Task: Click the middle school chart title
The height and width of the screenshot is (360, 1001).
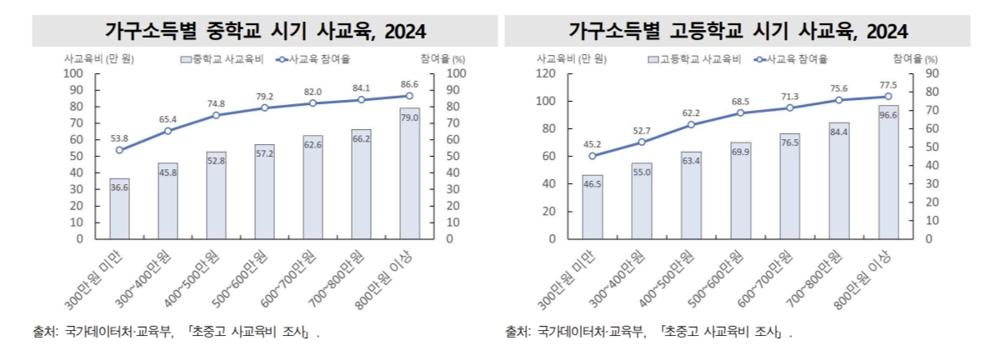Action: click(265, 32)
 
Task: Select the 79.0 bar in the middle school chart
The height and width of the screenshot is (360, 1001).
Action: click(410, 173)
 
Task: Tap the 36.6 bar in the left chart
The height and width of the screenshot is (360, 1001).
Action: click(119, 208)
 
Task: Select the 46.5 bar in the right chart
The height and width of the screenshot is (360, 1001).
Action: click(593, 207)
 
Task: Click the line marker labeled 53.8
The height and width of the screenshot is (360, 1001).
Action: click(119, 150)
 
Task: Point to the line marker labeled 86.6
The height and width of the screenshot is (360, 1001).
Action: click(410, 96)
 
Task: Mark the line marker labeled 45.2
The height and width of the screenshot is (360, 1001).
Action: click(593, 156)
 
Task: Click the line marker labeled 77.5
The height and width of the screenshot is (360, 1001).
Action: click(888, 97)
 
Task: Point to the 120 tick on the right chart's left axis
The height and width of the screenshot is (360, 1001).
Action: click(547, 73)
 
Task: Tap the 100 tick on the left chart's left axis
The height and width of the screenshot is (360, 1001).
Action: click(74, 73)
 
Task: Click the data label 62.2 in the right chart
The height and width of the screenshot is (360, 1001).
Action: click(690, 112)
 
